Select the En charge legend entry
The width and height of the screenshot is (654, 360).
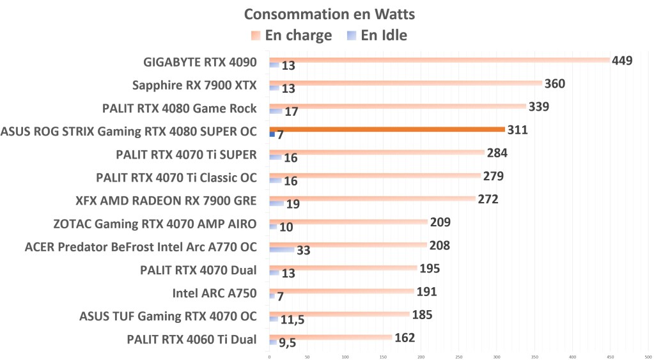point(291,35)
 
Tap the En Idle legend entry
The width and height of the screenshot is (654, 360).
point(377,35)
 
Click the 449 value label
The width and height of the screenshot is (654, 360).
point(621,61)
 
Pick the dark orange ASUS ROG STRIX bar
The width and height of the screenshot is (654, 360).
point(387,129)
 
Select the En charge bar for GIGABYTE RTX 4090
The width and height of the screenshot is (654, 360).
point(439,60)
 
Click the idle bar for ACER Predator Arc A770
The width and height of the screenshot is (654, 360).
point(282,249)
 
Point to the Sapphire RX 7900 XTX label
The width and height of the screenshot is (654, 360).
point(194,85)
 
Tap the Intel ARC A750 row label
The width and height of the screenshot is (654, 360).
point(214,293)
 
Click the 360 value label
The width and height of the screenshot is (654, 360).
point(554,84)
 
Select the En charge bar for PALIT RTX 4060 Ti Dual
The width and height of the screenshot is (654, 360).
point(331,337)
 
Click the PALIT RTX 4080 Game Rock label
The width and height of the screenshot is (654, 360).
point(180,108)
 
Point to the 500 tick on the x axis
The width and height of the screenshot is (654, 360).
point(648,356)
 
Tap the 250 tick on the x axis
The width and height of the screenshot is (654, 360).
point(458,356)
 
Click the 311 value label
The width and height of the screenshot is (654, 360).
point(517,130)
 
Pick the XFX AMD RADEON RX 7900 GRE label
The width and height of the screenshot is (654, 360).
point(166,201)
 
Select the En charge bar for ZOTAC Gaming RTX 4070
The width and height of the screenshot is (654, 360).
point(348,222)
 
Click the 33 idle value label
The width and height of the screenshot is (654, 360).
point(304,250)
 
